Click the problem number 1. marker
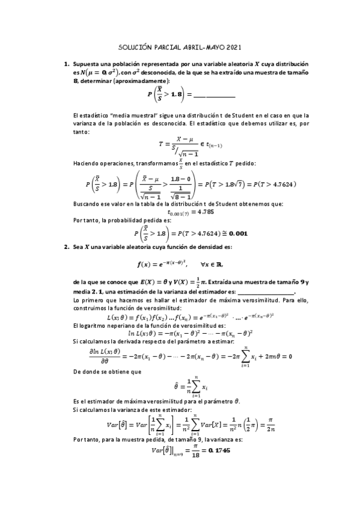point(67,63)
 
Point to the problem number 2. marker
point(67,247)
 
